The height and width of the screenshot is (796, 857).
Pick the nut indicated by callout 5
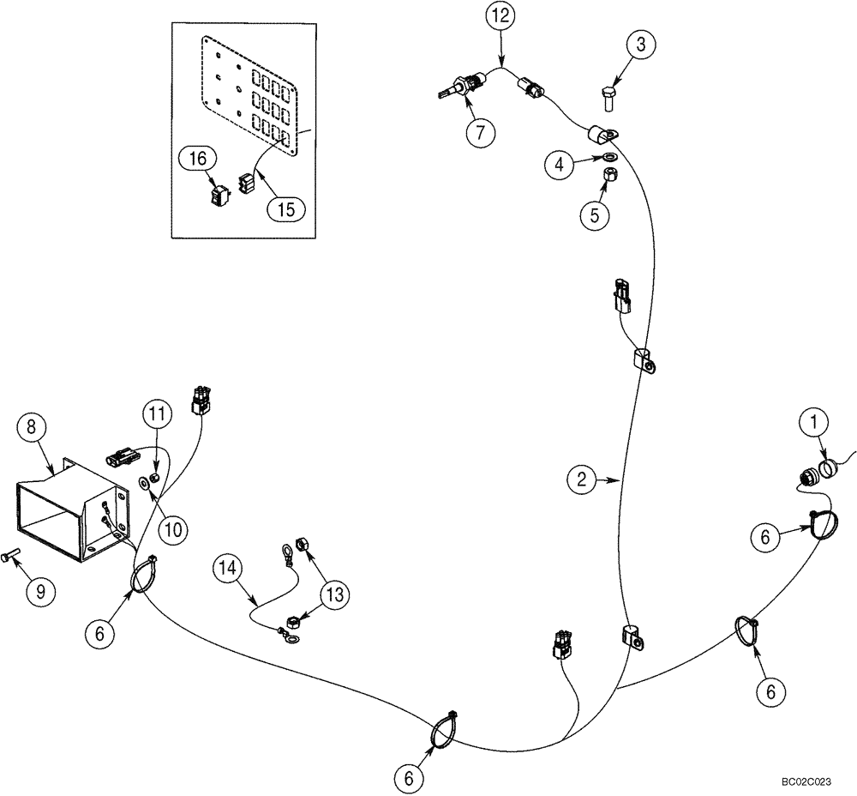(x=611, y=176)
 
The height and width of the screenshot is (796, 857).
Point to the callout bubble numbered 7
(x=481, y=132)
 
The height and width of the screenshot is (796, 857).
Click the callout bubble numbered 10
(x=174, y=529)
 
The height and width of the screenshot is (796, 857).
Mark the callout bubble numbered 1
(x=814, y=422)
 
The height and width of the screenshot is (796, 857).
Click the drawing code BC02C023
(x=806, y=782)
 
